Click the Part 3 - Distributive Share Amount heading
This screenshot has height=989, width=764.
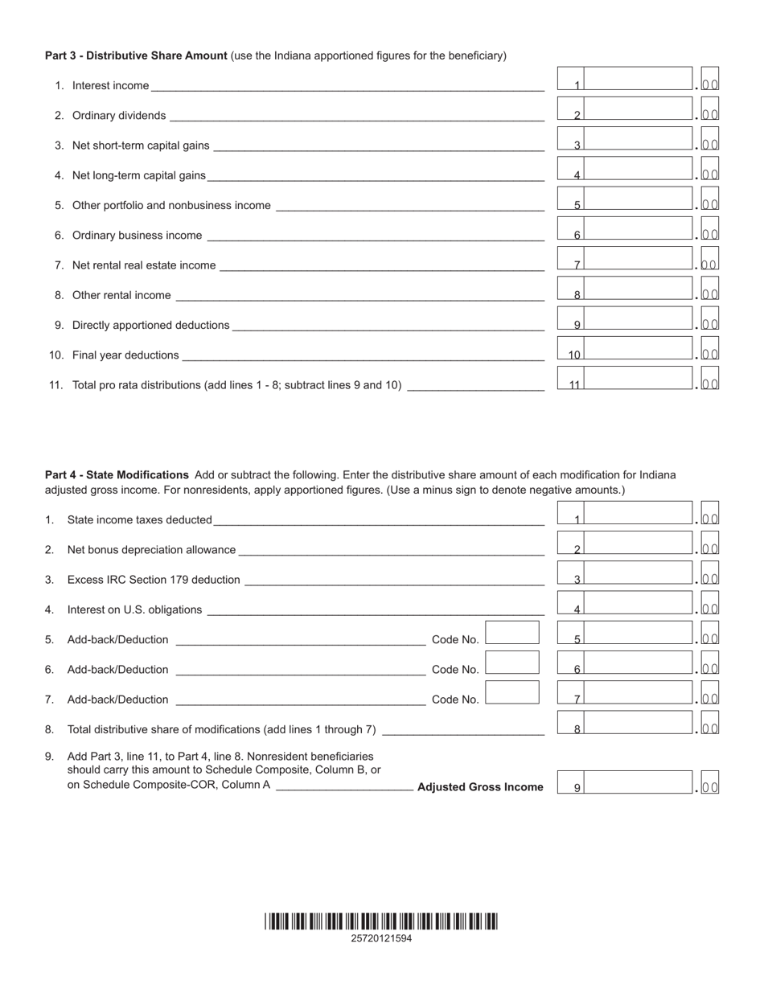click(137, 55)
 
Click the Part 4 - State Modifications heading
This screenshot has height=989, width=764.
click(117, 475)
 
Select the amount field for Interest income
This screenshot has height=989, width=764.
click(639, 80)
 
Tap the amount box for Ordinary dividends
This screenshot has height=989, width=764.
click(639, 109)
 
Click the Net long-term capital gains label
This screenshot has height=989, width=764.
click(138, 175)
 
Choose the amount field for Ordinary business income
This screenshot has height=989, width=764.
click(639, 230)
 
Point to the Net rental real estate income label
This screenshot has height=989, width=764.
click(143, 265)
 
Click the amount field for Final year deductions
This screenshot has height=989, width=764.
click(639, 349)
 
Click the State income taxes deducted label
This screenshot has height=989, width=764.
click(139, 520)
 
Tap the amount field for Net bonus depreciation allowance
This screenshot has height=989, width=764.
click(639, 544)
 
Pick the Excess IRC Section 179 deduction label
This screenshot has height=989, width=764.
click(153, 580)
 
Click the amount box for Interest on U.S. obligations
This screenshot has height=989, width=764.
click(639, 604)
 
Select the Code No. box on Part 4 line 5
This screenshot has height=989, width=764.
click(512, 633)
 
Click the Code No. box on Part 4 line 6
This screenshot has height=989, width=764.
click(512, 663)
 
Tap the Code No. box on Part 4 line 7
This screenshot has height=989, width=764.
click(512, 692)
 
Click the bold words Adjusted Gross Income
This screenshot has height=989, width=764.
click(480, 787)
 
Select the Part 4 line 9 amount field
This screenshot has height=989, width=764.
click(639, 783)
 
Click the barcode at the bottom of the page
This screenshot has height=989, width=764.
click(381, 921)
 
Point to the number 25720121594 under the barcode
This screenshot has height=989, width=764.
click(381, 938)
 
